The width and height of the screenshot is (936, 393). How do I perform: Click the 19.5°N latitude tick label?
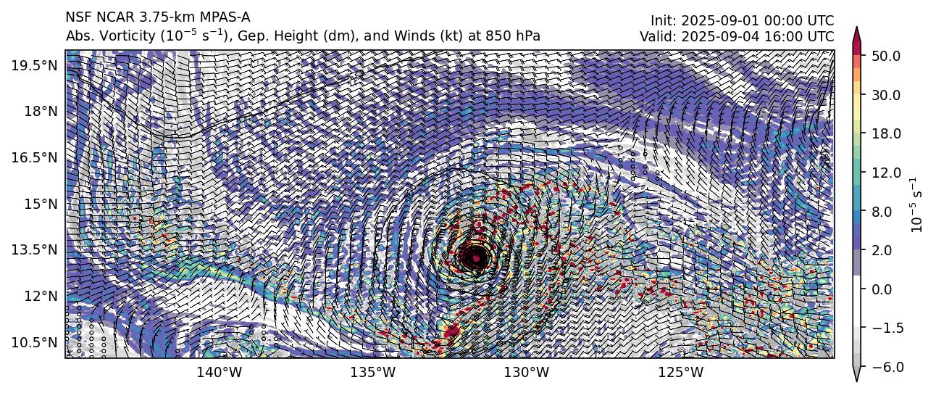(35, 65)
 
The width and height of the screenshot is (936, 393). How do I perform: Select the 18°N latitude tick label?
(40, 111)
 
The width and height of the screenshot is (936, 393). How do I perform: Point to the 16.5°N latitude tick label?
(35, 157)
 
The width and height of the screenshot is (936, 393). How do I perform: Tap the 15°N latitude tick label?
(40, 204)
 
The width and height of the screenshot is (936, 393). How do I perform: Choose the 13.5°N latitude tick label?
(35, 249)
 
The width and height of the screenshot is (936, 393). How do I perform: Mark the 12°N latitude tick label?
(40, 296)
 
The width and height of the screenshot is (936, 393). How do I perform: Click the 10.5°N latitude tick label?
(35, 342)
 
